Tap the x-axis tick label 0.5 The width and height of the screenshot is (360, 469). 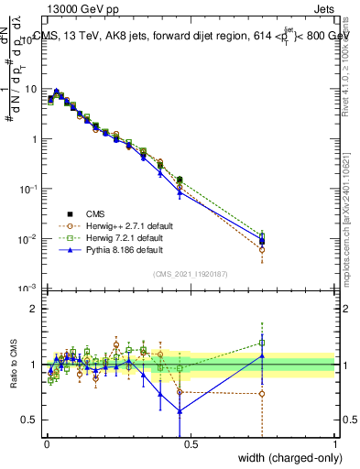tap(191, 444)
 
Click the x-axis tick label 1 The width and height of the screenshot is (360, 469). tap(334, 444)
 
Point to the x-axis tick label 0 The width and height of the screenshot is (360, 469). tap(48, 444)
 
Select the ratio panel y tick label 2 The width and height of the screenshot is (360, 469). tap(33, 310)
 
